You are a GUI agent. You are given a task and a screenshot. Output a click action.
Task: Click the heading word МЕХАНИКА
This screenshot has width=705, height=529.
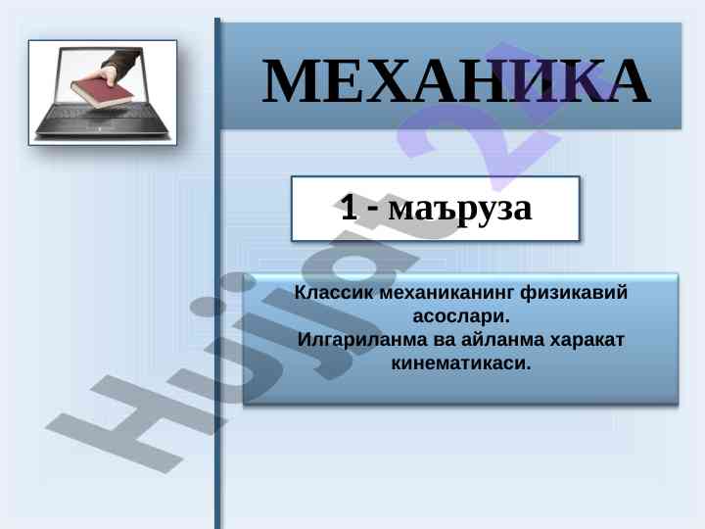point(456,81)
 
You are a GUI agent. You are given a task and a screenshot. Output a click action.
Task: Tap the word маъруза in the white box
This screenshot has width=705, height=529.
point(460,209)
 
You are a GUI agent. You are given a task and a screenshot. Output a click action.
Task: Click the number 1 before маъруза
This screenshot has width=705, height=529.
point(349,207)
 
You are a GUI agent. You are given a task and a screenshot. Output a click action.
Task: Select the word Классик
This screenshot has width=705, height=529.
point(333,292)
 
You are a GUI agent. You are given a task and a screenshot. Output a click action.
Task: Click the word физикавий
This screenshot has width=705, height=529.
point(574,292)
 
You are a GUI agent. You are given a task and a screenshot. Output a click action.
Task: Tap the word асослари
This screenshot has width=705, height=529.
point(461,316)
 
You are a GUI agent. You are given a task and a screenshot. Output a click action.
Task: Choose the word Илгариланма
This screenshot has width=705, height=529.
point(362,340)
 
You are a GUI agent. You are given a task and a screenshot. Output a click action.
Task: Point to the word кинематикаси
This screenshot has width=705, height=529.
point(461,363)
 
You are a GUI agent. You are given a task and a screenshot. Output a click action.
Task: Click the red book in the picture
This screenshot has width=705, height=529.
point(103,92)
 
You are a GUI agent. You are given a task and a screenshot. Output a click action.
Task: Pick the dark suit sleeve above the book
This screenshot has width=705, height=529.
point(122,58)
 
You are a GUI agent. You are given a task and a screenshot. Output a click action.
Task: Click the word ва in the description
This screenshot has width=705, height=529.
point(445,341)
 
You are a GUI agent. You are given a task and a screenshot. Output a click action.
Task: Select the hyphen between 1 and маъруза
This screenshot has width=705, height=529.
point(373,211)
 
